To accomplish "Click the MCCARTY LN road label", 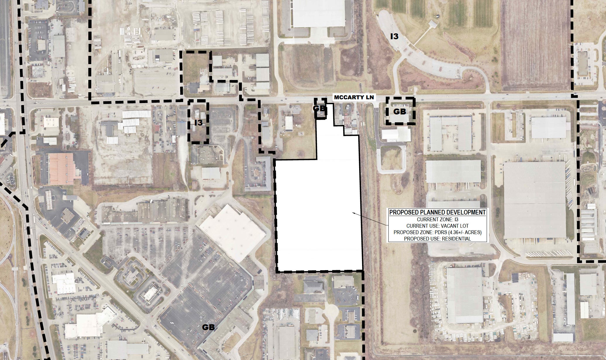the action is (354, 97).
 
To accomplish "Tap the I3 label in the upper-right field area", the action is (394, 36).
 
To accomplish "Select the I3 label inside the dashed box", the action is (198, 123).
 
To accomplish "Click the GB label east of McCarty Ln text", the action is (400, 112).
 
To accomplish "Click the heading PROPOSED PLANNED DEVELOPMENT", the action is (438, 212).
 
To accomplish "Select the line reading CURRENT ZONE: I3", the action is (438, 220).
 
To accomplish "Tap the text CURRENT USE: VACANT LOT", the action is (438, 226).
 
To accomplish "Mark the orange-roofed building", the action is (61, 169).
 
